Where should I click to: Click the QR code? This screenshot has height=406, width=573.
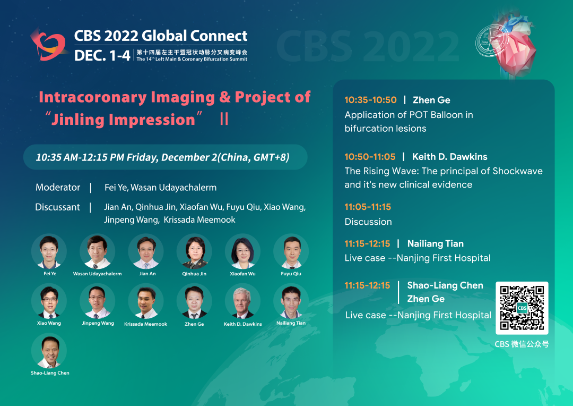tap(522, 308)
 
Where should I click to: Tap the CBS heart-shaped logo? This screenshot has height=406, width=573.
tap(49, 45)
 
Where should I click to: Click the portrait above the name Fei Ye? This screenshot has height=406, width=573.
tap(49, 251)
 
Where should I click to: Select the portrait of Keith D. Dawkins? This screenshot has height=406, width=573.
tap(242, 301)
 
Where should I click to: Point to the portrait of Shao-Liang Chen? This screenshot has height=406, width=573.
tap(49, 350)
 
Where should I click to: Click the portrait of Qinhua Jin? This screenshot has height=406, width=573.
tap(194, 251)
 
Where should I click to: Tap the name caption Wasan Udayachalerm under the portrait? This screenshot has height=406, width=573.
tap(97, 274)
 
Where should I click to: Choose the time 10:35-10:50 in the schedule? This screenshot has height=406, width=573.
tap(370, 100)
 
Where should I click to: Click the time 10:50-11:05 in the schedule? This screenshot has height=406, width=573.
tap(370, 157)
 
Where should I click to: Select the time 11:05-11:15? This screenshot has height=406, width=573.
tap(368, 207)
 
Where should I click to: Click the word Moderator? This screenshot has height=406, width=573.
tap(58, 188)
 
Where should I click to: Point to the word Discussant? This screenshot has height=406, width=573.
tap(57, 207)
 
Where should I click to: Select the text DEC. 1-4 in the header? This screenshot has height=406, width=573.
tap(102, 56)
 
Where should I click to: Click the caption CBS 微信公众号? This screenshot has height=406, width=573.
tap(522, 344)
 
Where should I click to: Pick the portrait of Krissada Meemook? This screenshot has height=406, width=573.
tap(146, 301)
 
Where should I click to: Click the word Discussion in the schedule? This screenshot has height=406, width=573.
tap(368, 222)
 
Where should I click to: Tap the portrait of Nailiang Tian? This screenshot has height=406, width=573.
tap(291, 301)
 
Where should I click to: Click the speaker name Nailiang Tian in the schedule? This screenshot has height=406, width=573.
tap(435, 244)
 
